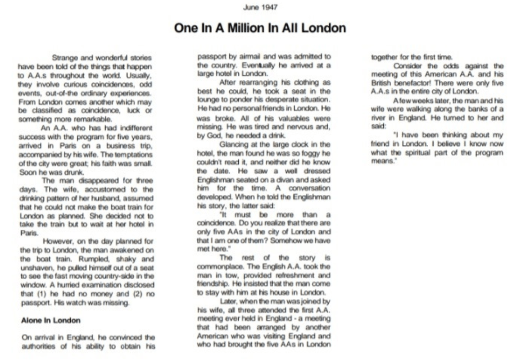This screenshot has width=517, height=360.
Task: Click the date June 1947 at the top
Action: tap(260, 7)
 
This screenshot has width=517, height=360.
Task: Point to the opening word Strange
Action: tap(67, 58)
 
